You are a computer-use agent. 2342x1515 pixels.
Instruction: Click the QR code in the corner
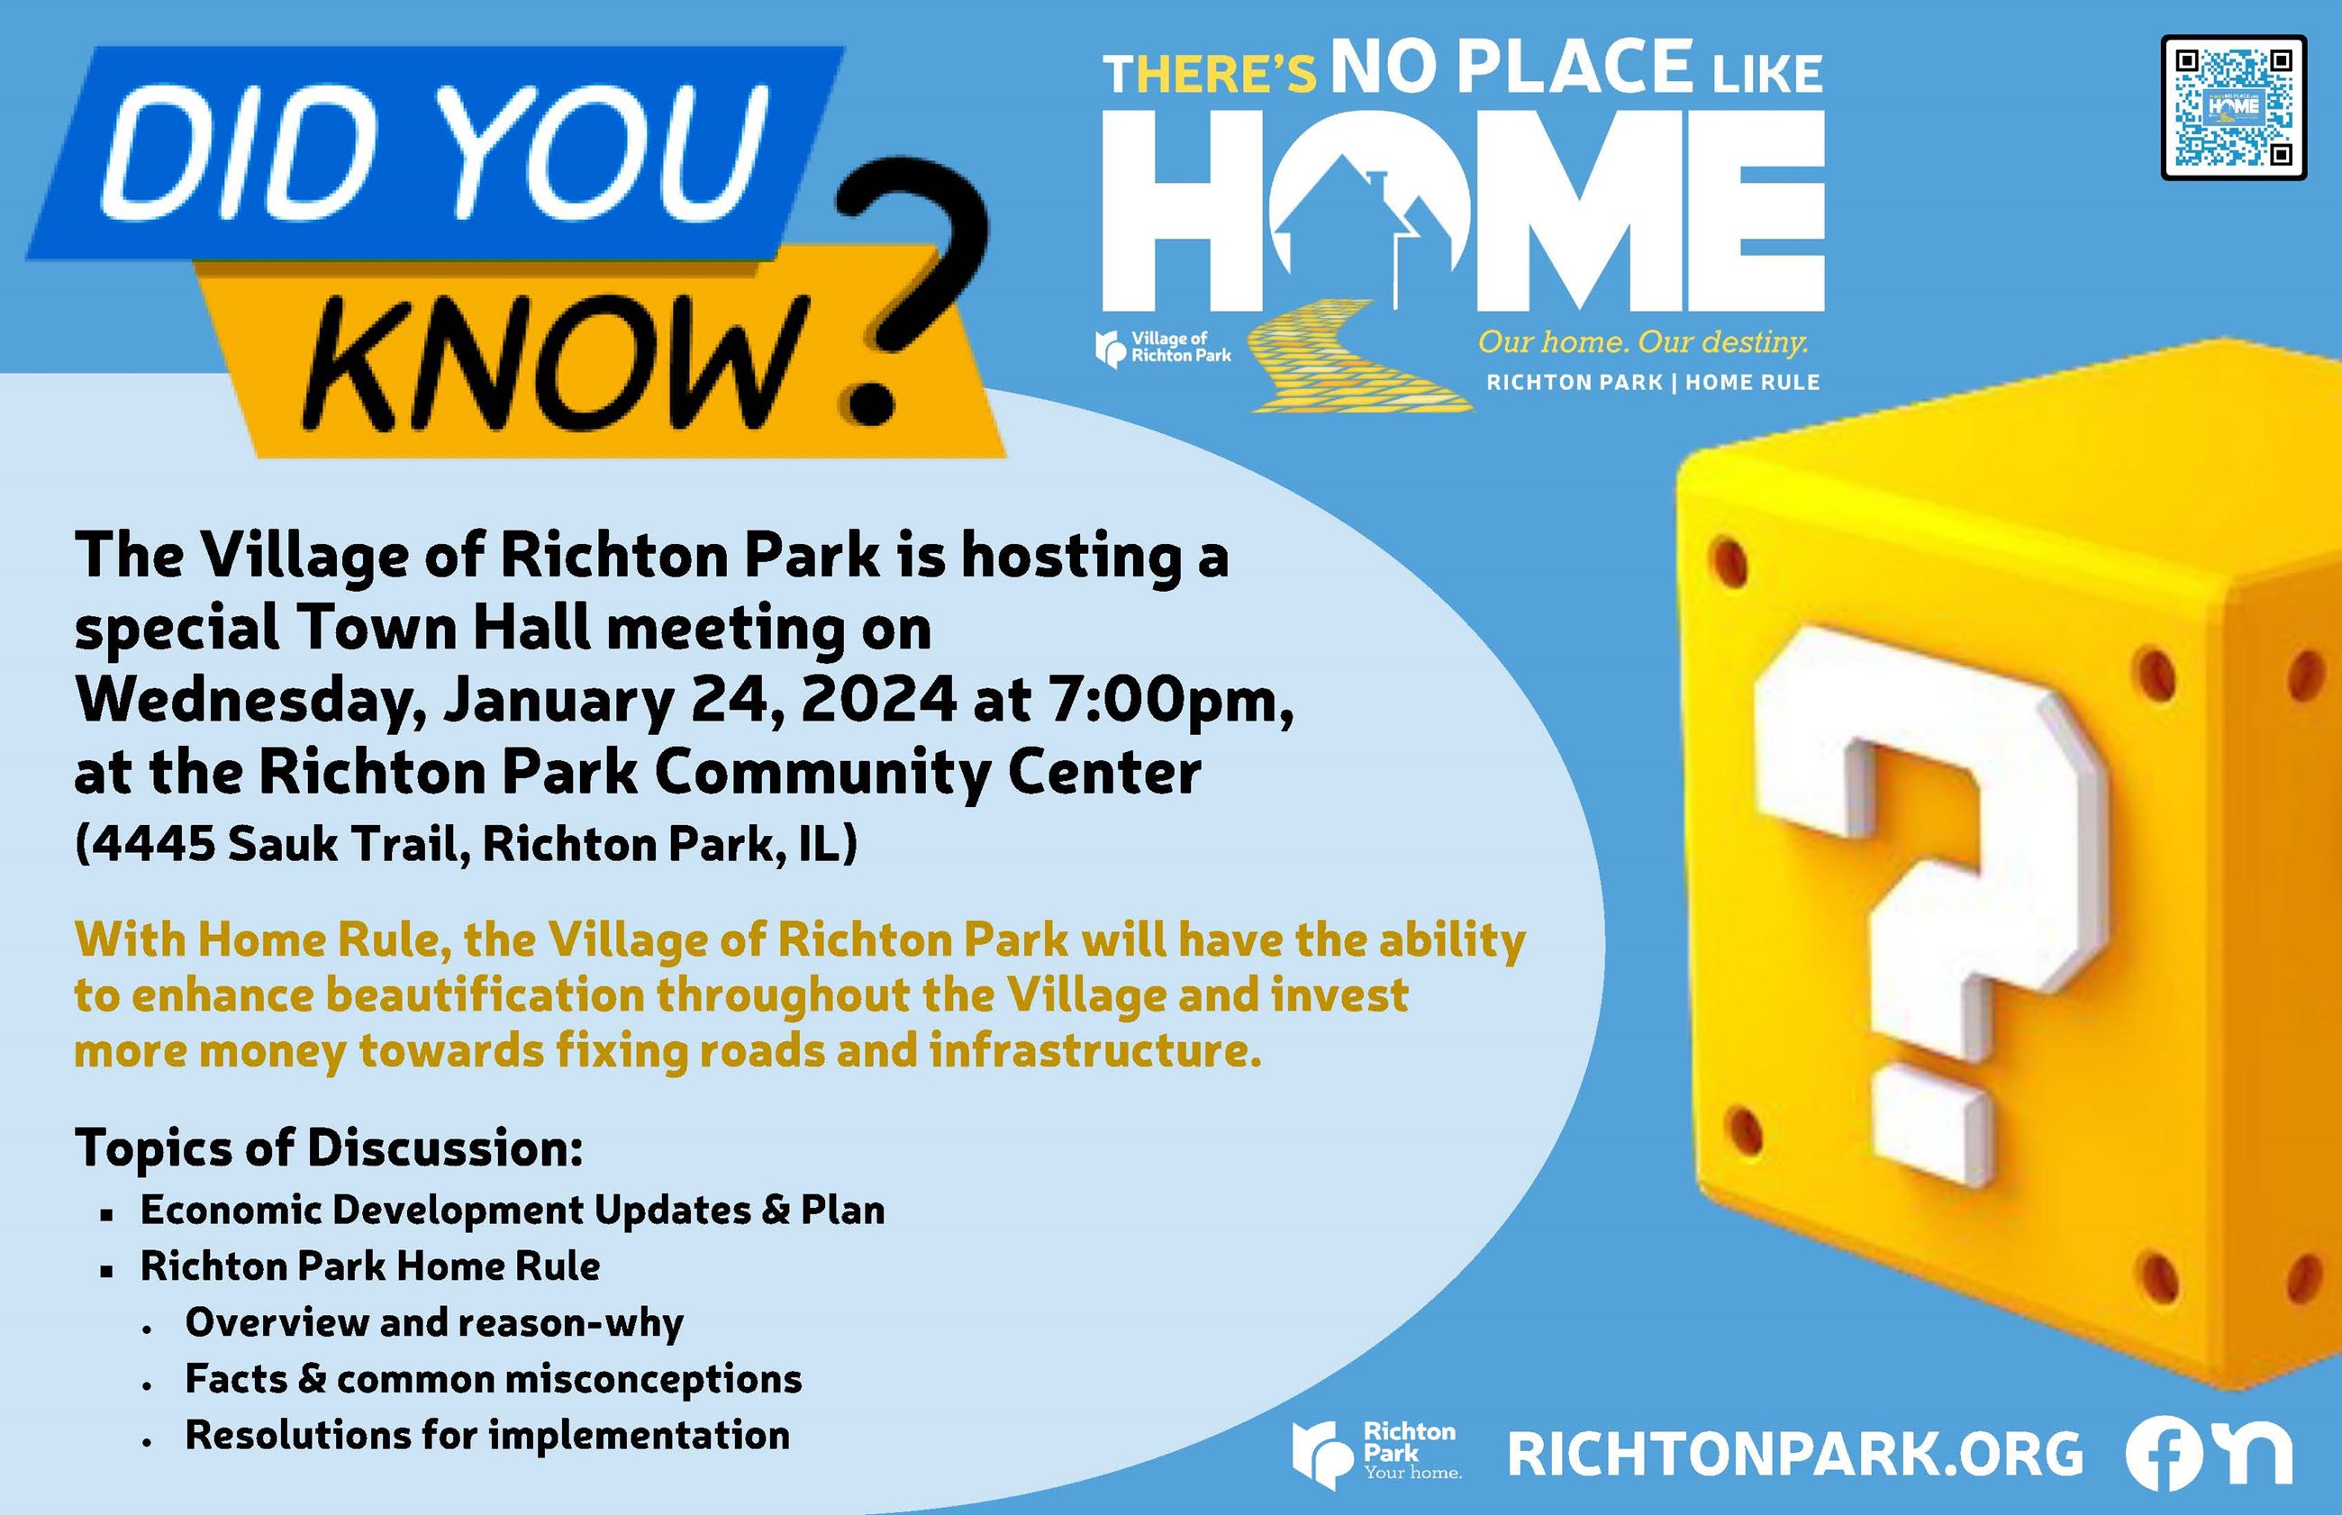[2233, 107]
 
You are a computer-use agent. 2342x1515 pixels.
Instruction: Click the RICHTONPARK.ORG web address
[1795, 1454]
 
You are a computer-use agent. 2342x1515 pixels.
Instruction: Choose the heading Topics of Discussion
[329, 1148]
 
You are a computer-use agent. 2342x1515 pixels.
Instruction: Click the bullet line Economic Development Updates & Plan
[512, 1210]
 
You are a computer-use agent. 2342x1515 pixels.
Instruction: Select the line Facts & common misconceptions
[493, 1379]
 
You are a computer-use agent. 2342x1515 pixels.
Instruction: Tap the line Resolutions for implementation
[487, 1436]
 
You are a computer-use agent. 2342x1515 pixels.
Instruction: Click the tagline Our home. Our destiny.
[1643, 341]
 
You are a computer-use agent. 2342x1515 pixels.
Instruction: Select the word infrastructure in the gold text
[1095, 1050]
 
